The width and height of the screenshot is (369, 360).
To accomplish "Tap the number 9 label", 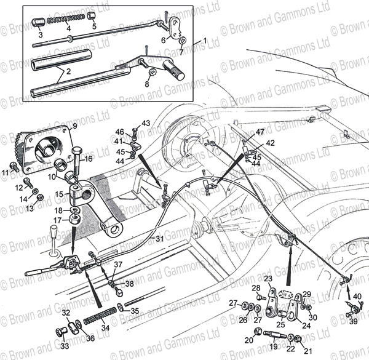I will tap(74, 126).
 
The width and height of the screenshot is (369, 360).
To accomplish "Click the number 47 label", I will tap(260, 132).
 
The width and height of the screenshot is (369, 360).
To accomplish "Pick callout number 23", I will tap(268, 279).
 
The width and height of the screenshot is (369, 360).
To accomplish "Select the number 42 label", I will tap(271, 143).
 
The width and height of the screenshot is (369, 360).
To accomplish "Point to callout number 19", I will tap(272, 348).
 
